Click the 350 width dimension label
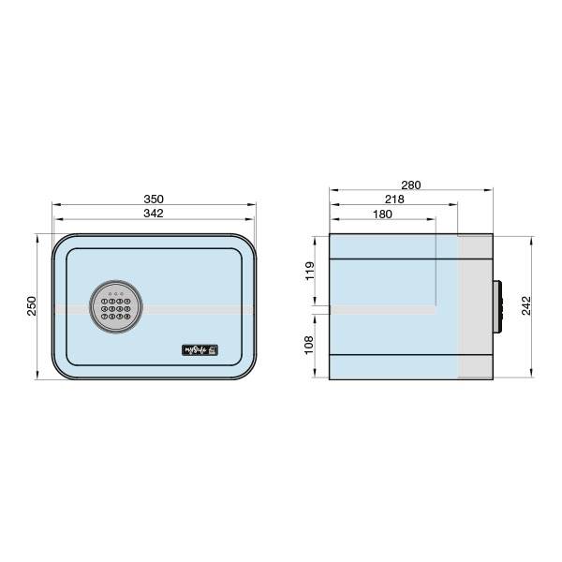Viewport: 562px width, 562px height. coord(154,199)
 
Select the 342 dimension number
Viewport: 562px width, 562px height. coord(154,214)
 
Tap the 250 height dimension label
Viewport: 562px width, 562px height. coord(31,306)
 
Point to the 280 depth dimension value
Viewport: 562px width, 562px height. coord(410,185)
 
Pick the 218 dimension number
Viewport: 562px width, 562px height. coord(393,200)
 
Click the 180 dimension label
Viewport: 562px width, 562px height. coord(382,214)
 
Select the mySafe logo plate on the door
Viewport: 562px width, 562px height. coord(200,351)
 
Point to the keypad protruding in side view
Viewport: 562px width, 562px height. coord(498,306)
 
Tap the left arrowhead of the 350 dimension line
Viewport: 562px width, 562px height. coord(53,205)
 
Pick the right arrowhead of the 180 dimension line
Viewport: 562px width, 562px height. coord(435,220)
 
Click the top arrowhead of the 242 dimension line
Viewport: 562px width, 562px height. coord(534,238)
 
